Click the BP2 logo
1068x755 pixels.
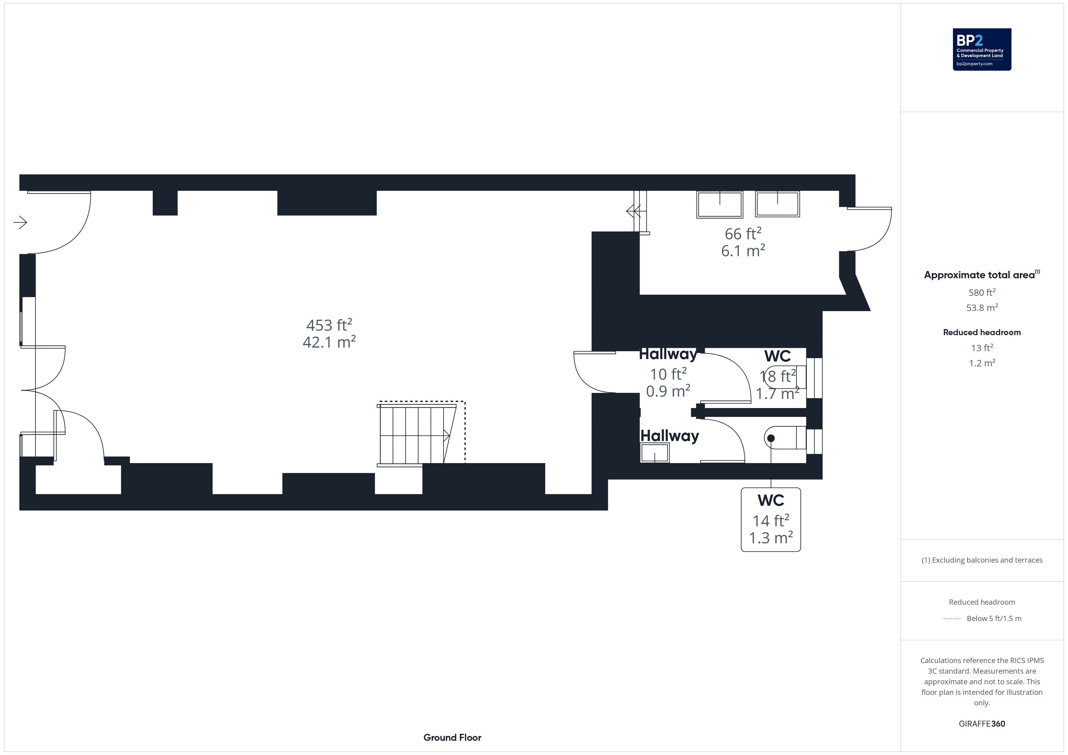982,49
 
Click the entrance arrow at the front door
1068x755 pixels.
20,223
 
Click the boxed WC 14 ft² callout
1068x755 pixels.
771,519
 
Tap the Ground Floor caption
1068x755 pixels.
452,737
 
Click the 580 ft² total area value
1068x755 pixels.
982,293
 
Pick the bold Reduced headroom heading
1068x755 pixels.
982,332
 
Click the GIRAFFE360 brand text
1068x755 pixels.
982,724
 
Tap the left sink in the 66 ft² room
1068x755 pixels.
720,204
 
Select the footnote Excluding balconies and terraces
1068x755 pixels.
982,560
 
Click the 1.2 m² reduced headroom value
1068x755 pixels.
982,363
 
